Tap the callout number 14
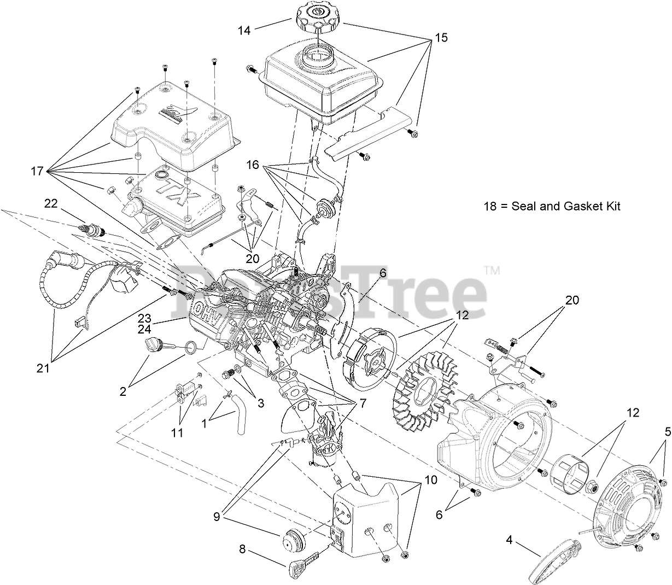[244, 30]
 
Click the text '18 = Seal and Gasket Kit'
[552, 207]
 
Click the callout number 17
[37, 171]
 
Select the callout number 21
[43, 368]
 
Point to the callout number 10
[430, 480]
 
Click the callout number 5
[667, 431]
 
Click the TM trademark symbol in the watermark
[492, 270]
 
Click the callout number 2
[122, 391]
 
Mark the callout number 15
[441, 38]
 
